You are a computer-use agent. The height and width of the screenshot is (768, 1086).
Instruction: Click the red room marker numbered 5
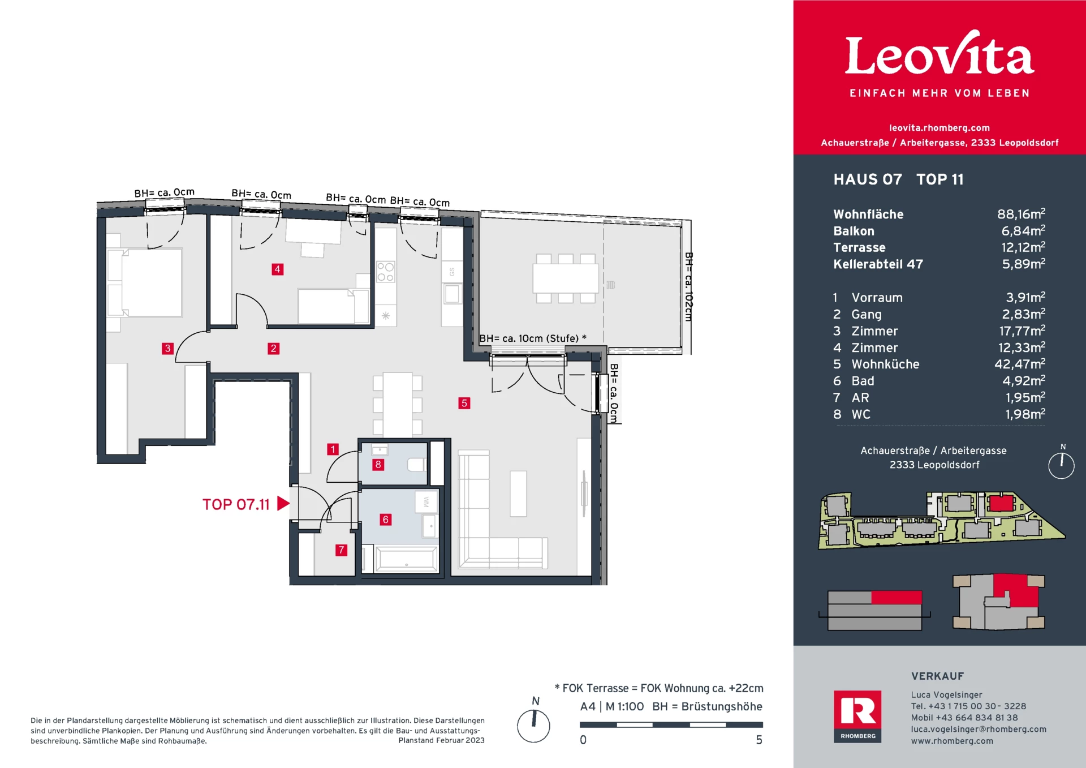click(464, 403)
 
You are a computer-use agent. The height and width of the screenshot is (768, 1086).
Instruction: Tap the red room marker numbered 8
click(378, 465)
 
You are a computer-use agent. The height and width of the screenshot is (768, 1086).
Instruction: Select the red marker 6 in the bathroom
click(385, 520)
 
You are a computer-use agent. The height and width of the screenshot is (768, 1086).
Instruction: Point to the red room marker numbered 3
click(167, 349)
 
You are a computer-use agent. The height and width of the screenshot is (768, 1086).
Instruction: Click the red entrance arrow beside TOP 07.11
click(283, 503)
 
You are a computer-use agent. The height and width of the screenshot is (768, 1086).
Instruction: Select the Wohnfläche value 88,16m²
click(1021, 214)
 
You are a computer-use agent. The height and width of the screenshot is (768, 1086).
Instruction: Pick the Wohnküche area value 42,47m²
click(1020, 364)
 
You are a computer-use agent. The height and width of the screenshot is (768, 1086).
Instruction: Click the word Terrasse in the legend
click(859, 247)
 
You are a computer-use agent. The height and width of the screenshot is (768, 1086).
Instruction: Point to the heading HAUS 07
click(868, 179)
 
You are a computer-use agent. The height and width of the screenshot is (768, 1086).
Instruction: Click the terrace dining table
click(566, 278)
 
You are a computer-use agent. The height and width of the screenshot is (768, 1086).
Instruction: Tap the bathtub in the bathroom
click(407, 559)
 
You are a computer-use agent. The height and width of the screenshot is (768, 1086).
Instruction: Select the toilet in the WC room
click(416, 465)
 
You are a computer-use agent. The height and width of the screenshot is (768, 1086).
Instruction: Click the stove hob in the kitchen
click(386, 272)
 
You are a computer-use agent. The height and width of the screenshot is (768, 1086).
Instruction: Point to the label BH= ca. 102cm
click(688, 287)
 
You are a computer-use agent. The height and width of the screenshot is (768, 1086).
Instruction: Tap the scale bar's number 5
click(759, 740)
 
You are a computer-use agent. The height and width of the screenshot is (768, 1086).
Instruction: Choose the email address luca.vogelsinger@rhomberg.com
click(979, 729)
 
